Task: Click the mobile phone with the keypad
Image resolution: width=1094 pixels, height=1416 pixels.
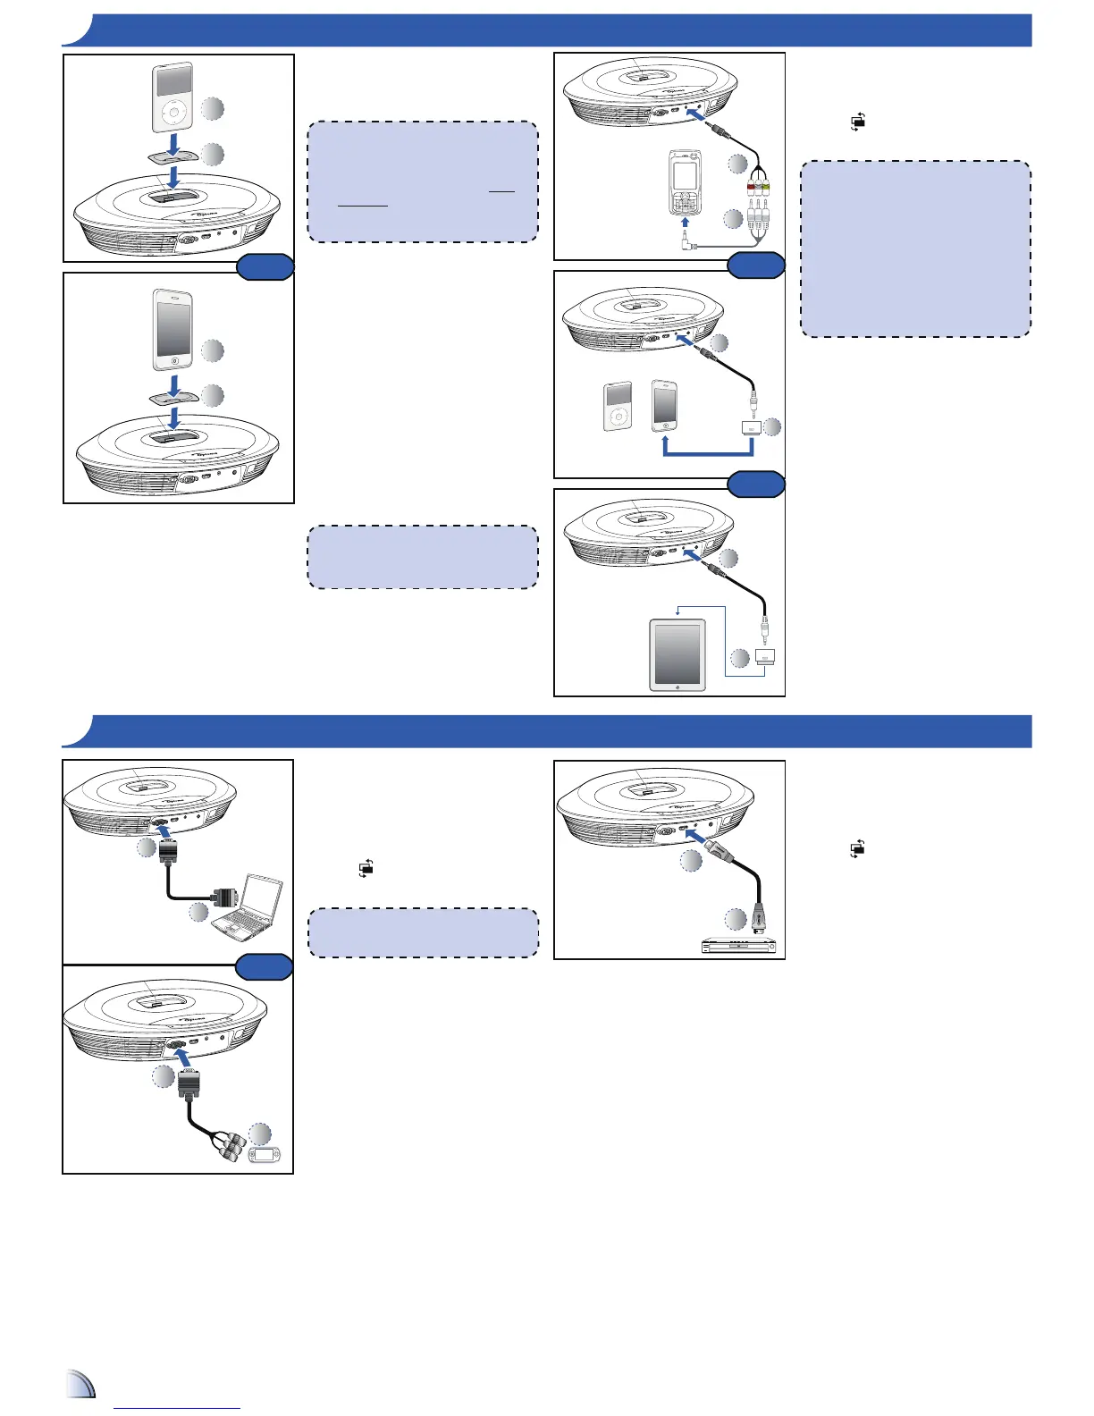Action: click(x=685, y=183)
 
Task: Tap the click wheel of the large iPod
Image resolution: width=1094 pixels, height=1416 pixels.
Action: click(x=173, y=116)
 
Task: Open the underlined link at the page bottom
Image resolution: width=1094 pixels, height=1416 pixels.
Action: click(x=178, y=1407)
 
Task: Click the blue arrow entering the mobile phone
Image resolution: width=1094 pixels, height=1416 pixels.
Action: click(x=685, y=221)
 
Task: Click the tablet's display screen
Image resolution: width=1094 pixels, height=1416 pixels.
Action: click(x=677, y=653)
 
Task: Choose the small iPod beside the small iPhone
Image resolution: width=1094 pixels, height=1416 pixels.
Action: click(x=619, y=407)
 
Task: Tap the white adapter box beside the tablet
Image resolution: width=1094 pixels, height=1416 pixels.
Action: click(x=764, y=657)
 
